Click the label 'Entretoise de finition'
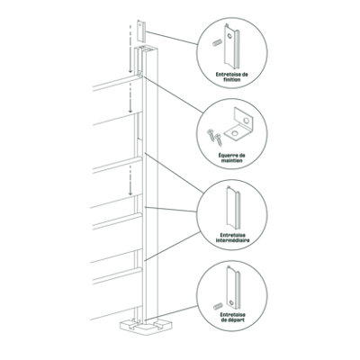coord(232,77)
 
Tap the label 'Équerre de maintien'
coord(232,157)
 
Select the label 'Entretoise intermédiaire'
coord(232,238)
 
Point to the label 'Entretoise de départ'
coord(232,317)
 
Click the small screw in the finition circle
coord(217,44)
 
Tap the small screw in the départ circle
coord(218,307)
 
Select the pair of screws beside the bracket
coord(214,137)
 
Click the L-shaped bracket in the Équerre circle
coord(238,124)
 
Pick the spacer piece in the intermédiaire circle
coord(233,206)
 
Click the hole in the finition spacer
coord(229,36)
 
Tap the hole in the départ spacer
coord(231,302)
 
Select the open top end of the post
coord(146,49)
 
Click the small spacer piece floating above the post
coord(141,31)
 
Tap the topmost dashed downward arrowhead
coord(130,70)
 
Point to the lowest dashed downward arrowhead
coord(130,193)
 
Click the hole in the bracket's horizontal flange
coord(234,132)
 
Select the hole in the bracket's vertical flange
coord(247,121)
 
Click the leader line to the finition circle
coord(172,38)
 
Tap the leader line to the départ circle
coord(172,313)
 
